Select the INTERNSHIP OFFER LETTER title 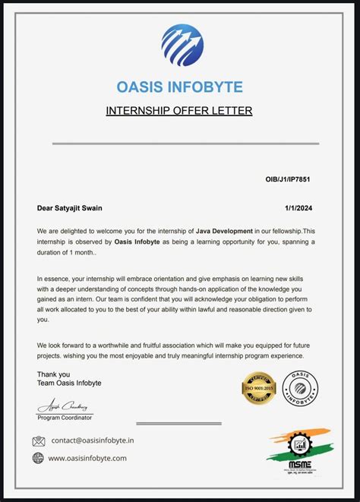click(x=179, y=111)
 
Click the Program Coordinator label click(x=65, y=418)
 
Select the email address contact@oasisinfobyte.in click(x=93, y=440)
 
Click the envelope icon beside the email click(x=39, y=441)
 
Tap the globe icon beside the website click(x=39, y=458)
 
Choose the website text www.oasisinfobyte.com click(x=87, y=458)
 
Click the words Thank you click(x=53, y=374)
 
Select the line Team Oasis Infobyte click(x=69, y=383)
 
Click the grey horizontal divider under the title click(x=185, y=143)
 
